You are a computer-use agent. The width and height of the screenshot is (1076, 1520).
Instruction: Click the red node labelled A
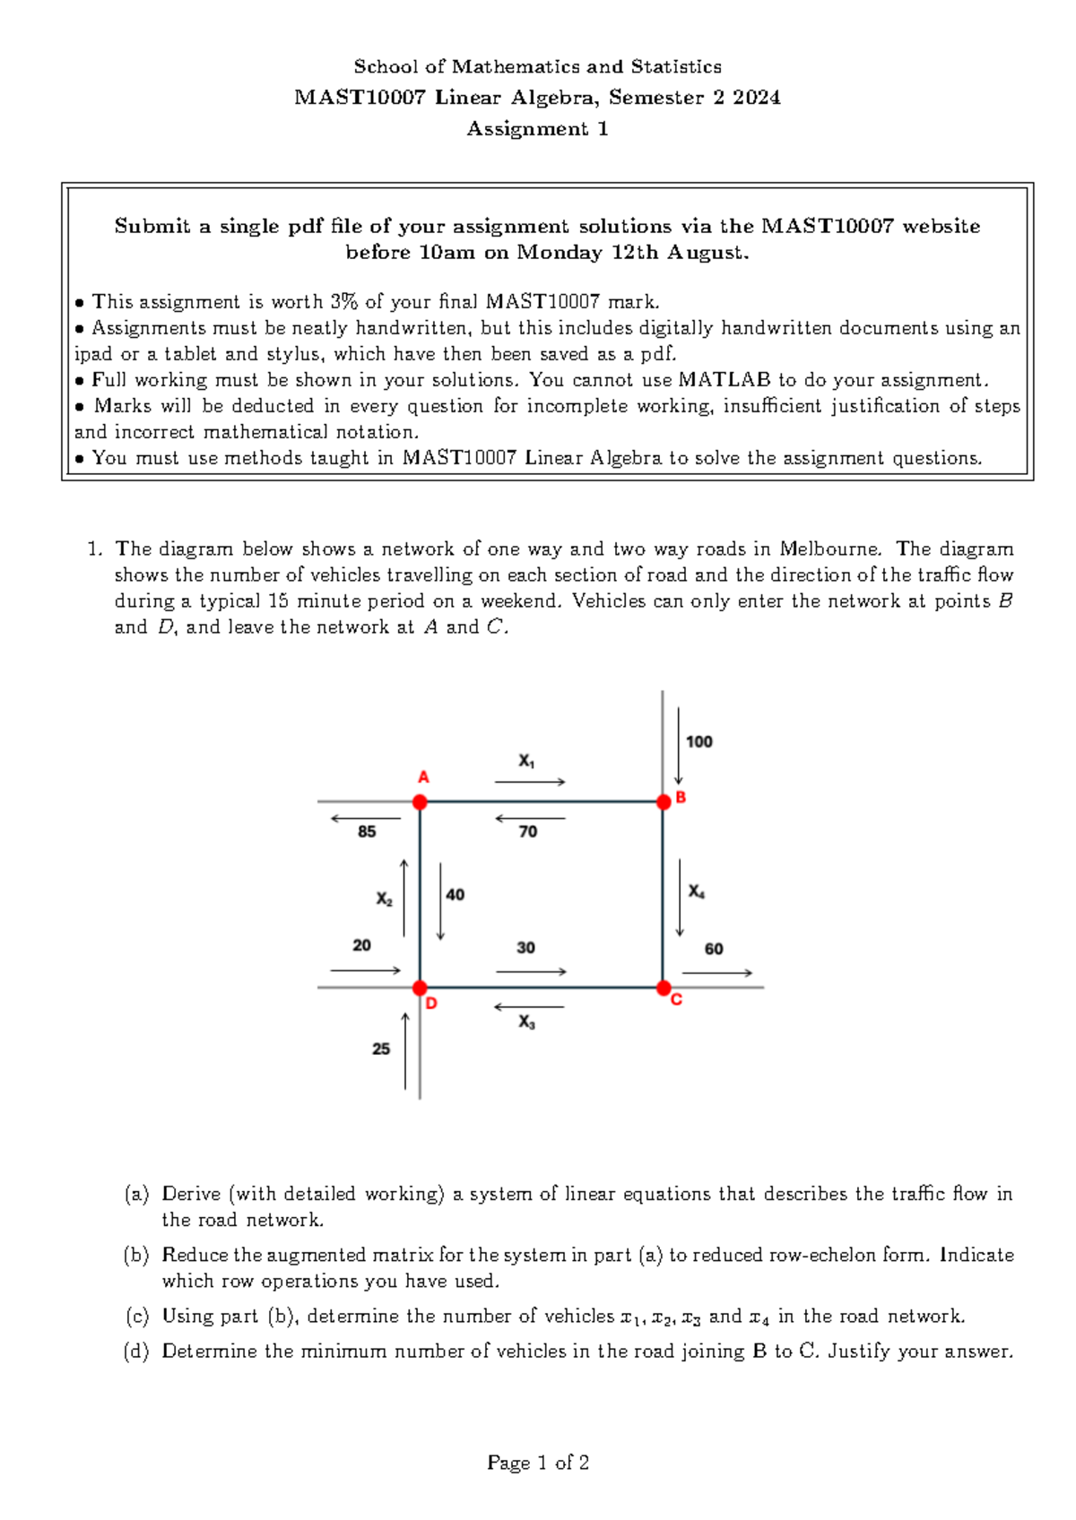[420, 802]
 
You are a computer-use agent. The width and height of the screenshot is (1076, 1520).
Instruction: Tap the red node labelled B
[664, 802]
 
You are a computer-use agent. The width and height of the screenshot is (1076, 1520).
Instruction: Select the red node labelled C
[664, 988]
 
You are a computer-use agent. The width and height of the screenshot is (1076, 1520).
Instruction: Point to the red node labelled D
[420, 988]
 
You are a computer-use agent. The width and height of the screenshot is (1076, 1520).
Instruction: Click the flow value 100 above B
[699, 742]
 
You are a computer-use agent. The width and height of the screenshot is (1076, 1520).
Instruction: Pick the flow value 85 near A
[367, 832]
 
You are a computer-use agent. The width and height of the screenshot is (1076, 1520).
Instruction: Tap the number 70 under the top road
[528, 832]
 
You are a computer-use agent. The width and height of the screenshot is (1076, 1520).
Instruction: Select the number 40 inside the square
[456, 894]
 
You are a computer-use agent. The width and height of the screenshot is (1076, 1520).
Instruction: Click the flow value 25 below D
[381, 1049]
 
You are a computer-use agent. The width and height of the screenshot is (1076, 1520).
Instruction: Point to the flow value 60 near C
[714, 949]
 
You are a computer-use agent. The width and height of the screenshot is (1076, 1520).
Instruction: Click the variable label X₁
[527, 762]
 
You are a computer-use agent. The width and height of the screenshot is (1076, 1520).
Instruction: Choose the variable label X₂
[385, 899]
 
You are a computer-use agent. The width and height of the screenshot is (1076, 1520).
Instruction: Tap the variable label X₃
[527, 1022]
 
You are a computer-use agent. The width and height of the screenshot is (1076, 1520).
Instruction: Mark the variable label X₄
[697, 892]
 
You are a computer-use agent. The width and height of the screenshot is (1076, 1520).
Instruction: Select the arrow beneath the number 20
[365, 971]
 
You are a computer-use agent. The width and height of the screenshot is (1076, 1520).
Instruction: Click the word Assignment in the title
[527, 129]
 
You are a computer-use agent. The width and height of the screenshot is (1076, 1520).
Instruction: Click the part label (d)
[136, 1351]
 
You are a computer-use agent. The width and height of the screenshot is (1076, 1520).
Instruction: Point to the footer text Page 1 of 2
[538, 1463]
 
